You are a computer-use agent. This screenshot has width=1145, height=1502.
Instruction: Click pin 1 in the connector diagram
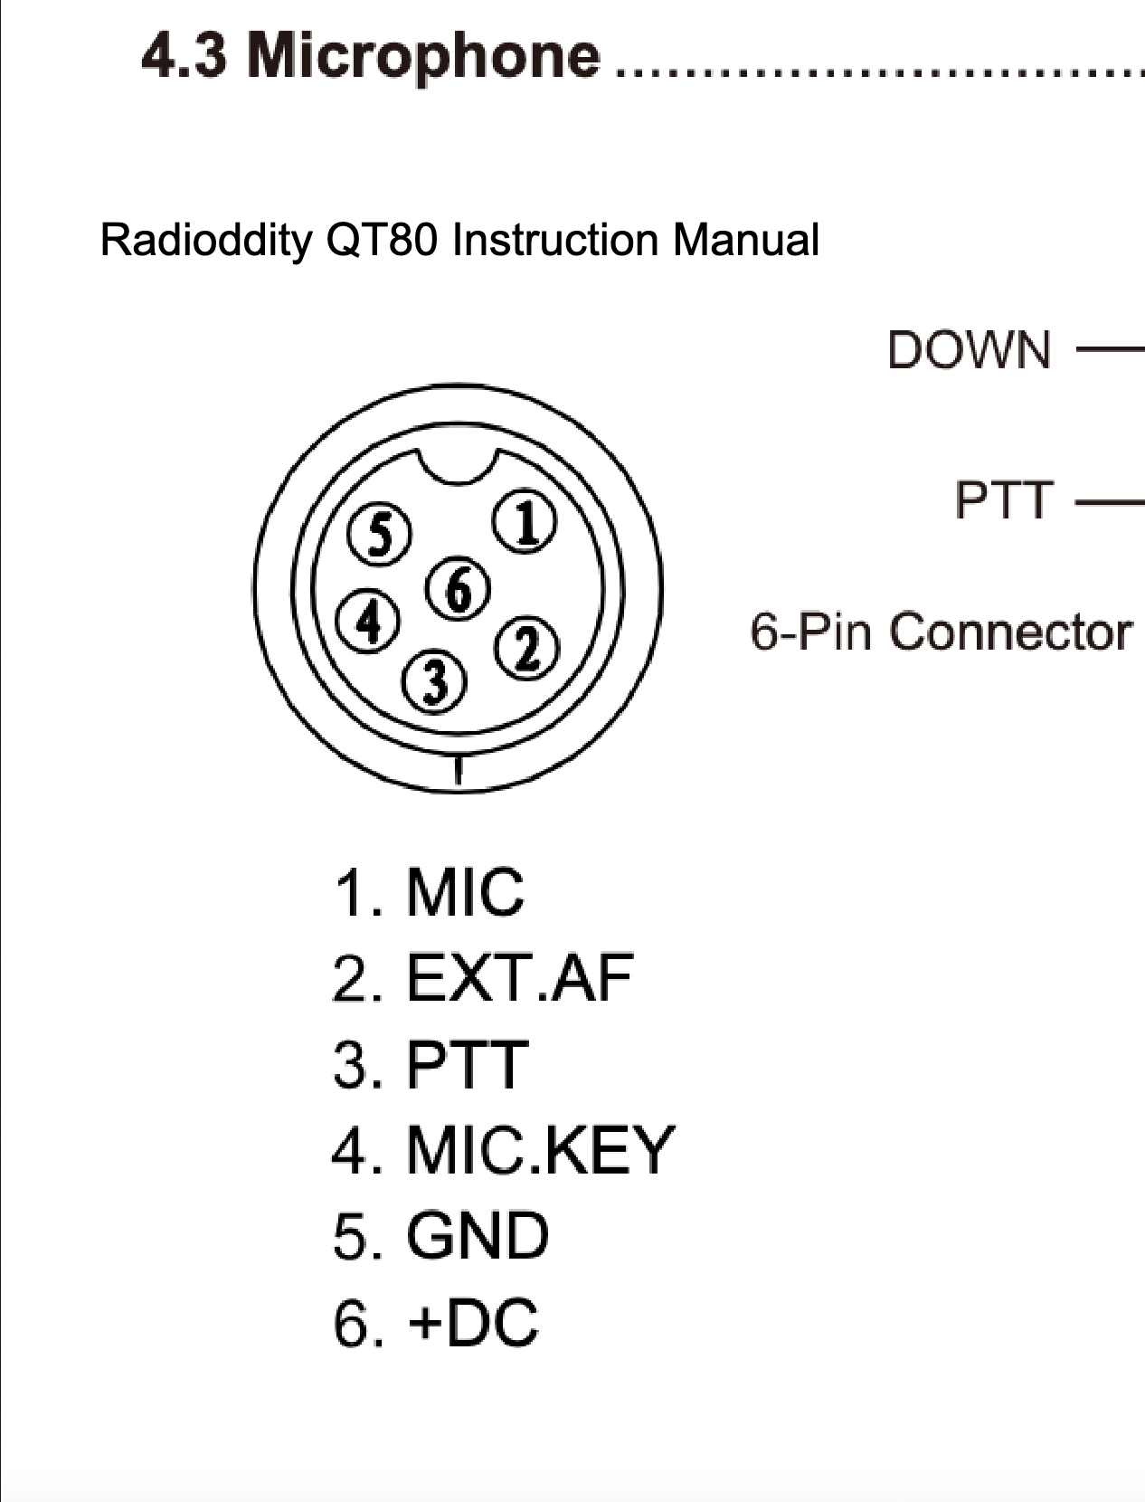click(524, 524)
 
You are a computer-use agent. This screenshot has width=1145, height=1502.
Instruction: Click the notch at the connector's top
click(460, 468)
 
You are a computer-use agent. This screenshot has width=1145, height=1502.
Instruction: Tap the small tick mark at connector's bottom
click(459, 770)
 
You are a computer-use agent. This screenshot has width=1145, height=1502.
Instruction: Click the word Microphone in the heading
click(423, 56)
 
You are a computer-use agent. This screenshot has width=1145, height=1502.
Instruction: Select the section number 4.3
click(185, 56)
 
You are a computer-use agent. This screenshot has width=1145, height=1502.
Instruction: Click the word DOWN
click(969, 349)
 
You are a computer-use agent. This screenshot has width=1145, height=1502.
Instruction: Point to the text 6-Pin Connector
click(941, 631)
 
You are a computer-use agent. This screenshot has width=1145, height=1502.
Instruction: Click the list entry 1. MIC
click(429, 892)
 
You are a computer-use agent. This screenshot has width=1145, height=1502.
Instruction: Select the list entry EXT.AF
click(519, 978)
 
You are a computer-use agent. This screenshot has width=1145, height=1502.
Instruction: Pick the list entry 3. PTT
click(431, 1064)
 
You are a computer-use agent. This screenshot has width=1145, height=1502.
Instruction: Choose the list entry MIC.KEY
click(540, 1150)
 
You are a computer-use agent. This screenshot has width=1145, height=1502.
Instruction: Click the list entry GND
click(477, 1236)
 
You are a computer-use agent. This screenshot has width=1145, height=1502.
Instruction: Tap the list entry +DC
click(473, 1322)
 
